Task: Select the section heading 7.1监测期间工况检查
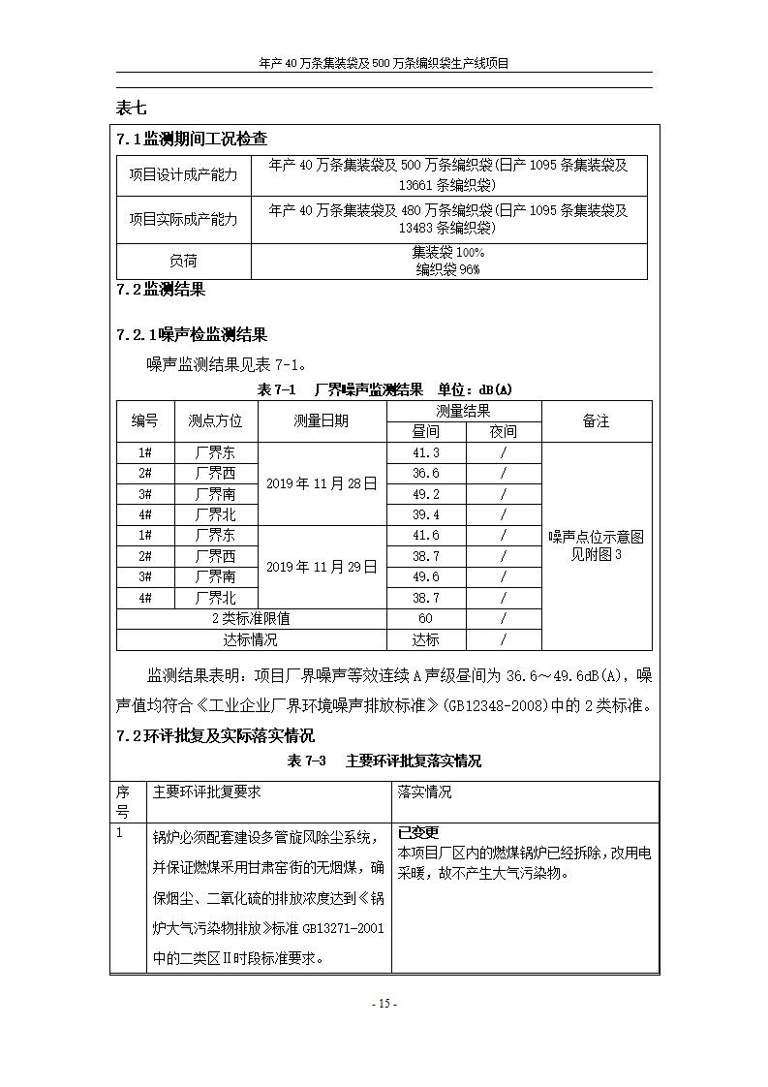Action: pyautogui.click(x=192, y=140)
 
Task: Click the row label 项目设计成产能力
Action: pyautogui.click(x=183, y=175)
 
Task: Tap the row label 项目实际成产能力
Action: pyautogui.click(x=183, y=219)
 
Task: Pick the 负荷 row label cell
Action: pyautogui.click(x=183, y=261)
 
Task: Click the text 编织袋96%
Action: pyautogui.click(x=447, y=270)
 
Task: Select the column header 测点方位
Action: pyautogui.click(x=215, y=421)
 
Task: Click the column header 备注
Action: pyautogui.click(x=596, y=421)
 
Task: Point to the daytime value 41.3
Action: pyautogui.click(x=425, y=452)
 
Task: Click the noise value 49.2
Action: pyautogui.click(x=425, y=494)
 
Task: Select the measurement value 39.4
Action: pyautogui.click(x=425, y=514)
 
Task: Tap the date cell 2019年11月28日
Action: pyautogui.click(x=322, y=483)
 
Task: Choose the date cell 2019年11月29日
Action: pyautogui.click(x=322, y=567)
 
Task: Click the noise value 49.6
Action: pyautogui.click(x=425, y=576)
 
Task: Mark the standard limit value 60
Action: pyautogui.click(x=425, y=618)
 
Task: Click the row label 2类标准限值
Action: pyautogui.click(x=251, y=618)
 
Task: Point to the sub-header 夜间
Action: pyautogui.click(x=503, y=431)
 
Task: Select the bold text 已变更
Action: pyautogui.click(x=418, y=832)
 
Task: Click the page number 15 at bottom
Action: pyautogui.click(x=384, y=1004)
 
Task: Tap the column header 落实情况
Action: pyautogui.click(x=424, y=792)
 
